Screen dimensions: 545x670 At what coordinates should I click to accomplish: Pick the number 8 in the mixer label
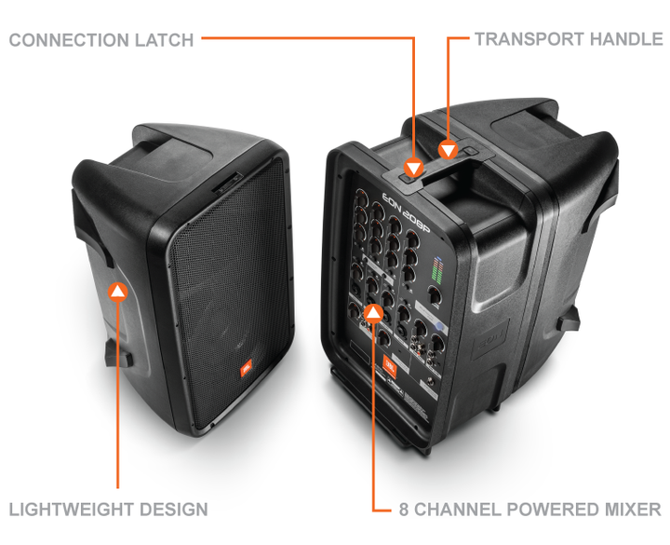[405, 510]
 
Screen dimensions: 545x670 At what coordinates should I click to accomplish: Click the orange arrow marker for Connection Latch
[412, 169]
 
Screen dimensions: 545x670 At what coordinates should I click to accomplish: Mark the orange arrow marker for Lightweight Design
[117, 292]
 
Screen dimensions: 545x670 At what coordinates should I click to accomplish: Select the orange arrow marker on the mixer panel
[373, 312]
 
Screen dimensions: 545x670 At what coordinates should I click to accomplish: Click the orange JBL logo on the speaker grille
[248, 371]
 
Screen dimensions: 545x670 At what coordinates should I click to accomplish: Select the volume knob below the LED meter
[435, 299]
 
